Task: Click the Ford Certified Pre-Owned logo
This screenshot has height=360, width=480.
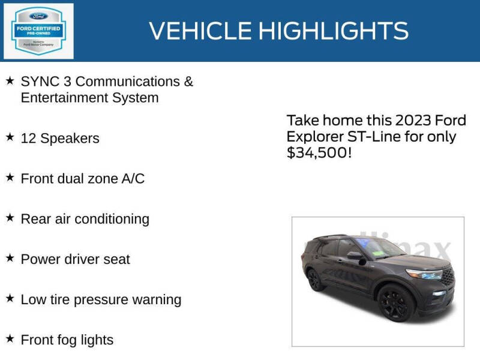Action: (x=39, y=31)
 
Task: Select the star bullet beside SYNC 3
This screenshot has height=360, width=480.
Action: (x=10, y=80)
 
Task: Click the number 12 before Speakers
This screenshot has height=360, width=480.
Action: (x=28, y=139)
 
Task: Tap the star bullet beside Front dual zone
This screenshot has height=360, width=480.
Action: (x=10, y=178)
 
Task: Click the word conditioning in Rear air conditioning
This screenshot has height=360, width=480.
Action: (x=113, y=219)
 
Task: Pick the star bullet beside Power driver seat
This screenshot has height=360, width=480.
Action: (x=10, y=258)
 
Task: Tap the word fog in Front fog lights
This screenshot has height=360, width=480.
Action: (x=66, y=340)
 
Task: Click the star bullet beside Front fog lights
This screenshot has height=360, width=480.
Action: (x=10, y=339)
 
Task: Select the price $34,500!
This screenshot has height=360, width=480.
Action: (x=318, y=153)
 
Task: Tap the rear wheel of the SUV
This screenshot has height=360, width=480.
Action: (x=316, y=280)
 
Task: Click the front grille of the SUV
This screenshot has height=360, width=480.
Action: (x=447, y=277)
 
